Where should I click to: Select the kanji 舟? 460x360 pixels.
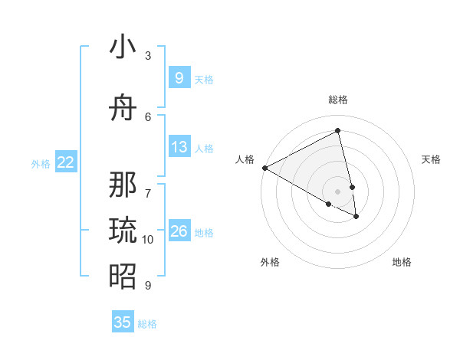click(x=123, y=109)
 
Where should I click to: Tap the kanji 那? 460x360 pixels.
click(x=123, y=184)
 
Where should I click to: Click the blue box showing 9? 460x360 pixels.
click(x=179, y=77)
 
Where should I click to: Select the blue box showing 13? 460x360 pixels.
click(x=179, y=147)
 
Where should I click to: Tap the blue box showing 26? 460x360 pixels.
click(x=179, y=231)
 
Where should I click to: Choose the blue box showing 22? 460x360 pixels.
click(x=66, y=162)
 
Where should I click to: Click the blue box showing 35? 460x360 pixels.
click(x=123, y=322)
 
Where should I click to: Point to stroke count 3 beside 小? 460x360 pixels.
click(x=148, y=56)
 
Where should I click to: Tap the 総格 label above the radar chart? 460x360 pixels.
click(x=338, y=100)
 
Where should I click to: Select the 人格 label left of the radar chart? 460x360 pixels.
click(x=245, y=159)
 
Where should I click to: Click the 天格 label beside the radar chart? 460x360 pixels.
click(x=431, y=159)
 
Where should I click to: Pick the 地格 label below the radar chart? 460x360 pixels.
click(x=402, y=262)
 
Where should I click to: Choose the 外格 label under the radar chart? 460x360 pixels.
click(x=270, y=262)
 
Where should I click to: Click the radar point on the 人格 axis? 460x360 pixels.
click(x=264, y=168)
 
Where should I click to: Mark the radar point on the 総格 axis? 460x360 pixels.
click(x=338, y=131)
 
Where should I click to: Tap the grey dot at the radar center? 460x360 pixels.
click(x=338, y=191)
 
